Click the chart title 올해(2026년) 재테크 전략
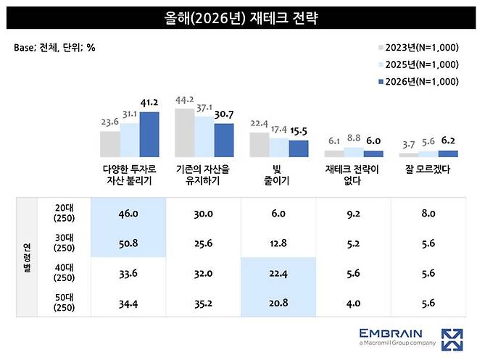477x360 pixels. click(x=238, y=16)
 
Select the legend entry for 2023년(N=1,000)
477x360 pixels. click(x=418, y=48)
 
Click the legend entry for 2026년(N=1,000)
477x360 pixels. click(x=418, y=81)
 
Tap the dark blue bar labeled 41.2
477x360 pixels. click(x=149, y=135)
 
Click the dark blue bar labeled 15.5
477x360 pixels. click(x=298, y=148)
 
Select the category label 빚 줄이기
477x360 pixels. click(x=278, y=175)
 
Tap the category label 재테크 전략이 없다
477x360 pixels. click(x=353, y=175)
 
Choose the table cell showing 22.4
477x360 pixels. click(x=278, y=272)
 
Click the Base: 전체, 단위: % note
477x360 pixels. click(x=54, y=47)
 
